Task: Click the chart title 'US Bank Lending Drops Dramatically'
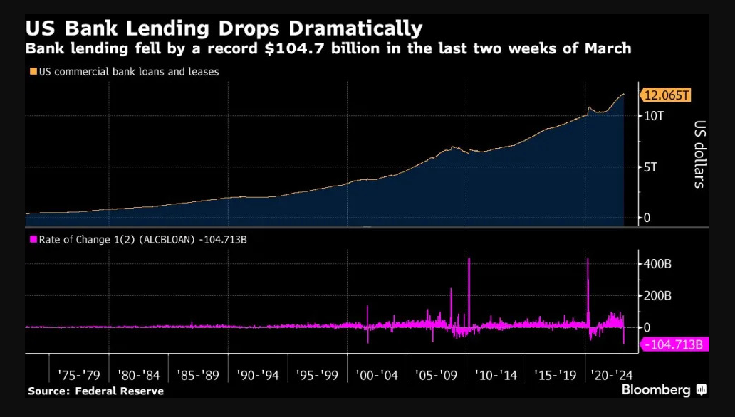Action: [224, 29]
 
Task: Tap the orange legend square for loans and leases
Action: [33, 71]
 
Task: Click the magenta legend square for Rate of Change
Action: [33, 239]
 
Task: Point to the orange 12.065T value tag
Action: [666, 95]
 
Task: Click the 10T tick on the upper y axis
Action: [654, 116]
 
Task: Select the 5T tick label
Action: [651, 167]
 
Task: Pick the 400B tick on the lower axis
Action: [657, 264]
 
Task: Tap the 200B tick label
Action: [657, 296]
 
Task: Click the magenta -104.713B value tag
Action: [674, 345]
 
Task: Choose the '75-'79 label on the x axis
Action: [79, 375]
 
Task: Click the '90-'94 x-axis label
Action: [257, 375]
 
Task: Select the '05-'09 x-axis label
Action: [436, 375]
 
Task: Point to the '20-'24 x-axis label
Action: [612, 375]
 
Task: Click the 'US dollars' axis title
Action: [699, 154]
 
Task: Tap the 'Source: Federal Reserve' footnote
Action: [95, 391]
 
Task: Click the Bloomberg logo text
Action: [656, 390]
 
